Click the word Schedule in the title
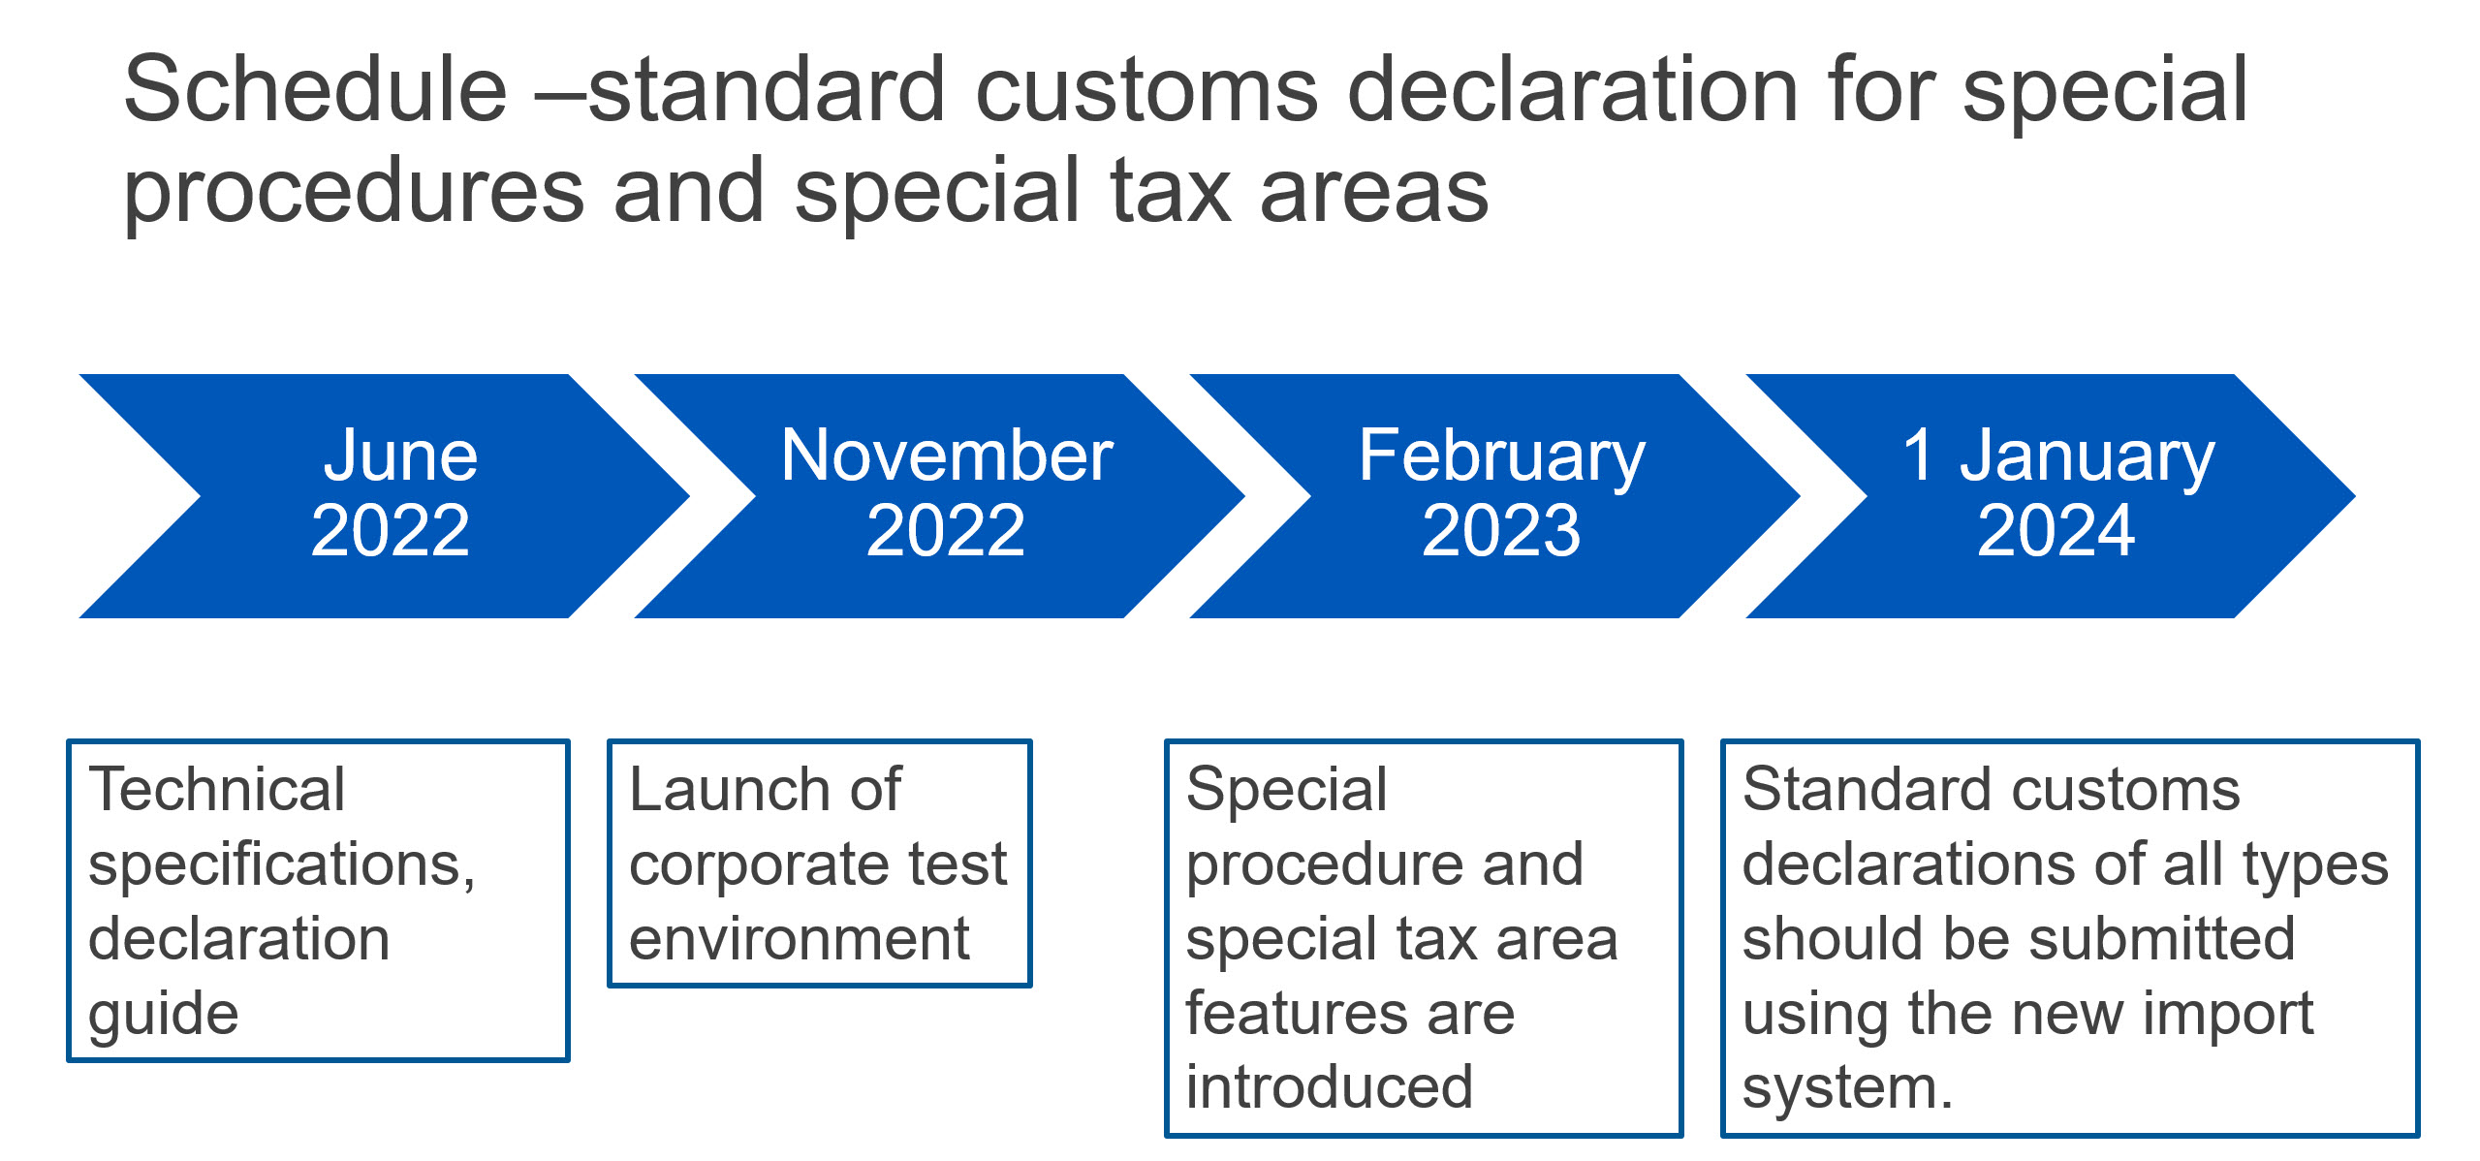coord(316,90)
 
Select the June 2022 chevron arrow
coord(385,496)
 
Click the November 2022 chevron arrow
coord(940,496)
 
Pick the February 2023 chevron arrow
coord(1495,496)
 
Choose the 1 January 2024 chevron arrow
coord(2051,496)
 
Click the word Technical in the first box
coord(216,789)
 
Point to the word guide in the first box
coord(163,1016)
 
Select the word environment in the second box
coord(800,939)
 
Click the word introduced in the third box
coord(1330,1087)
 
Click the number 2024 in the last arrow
coord(2056,531)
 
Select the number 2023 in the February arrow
coord(1501,531)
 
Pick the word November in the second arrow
coord(947,455)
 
